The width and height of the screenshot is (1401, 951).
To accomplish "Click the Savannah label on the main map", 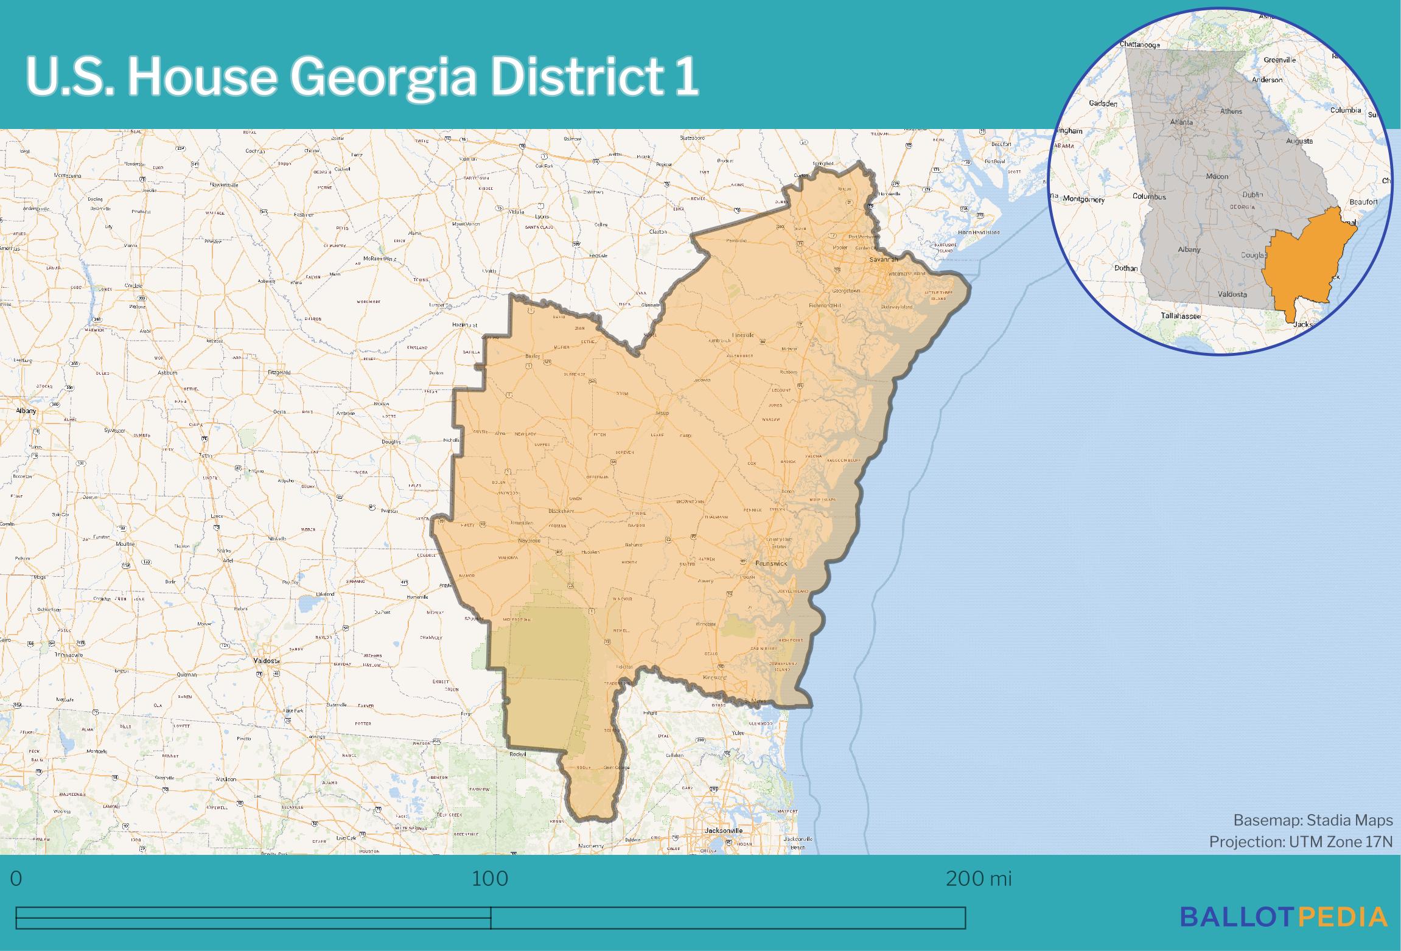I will tap(883, 259).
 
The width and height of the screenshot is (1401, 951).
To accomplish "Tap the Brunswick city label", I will tap(771, 563).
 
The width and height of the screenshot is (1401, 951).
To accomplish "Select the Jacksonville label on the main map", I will tap(723, 830).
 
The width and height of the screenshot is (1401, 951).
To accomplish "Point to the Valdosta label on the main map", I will tap(266, 660).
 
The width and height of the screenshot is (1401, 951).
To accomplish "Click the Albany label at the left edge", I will tap(26, 411).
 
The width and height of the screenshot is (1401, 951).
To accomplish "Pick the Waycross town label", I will tap(528, 540).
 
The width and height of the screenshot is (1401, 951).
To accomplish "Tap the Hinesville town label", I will tap(742, 335).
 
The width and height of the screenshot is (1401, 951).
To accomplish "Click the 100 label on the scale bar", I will tap(490, 879).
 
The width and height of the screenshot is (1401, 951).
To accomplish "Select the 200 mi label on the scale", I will tap(979, 879).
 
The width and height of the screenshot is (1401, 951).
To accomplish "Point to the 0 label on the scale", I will tap(16, 879).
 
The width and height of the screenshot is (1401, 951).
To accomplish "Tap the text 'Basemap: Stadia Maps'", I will tap(1313, 820).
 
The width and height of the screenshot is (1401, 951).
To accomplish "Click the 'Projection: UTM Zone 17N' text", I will tap(1301, 841).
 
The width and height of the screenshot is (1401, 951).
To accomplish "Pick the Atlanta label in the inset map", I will tap(1181, 122).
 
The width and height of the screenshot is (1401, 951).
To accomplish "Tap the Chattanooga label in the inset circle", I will tap(1140, 44).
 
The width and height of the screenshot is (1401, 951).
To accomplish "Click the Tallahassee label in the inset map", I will tap(1181, 316).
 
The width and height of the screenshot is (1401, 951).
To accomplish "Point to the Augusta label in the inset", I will tap(1299, 141).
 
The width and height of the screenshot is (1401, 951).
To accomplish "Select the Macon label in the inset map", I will tap(1217, 176).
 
